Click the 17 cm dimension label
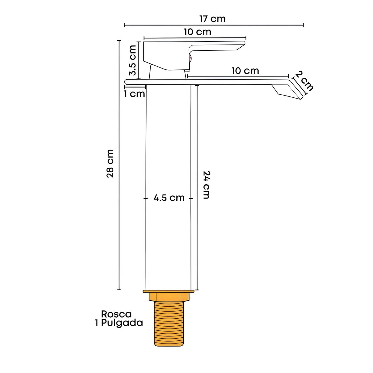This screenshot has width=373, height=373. (212, 19)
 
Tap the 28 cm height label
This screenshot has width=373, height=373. (110, 163)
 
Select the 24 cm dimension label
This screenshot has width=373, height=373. (206, 185)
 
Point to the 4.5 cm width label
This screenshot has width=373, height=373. (169, 198)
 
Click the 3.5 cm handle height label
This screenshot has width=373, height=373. (133, 60)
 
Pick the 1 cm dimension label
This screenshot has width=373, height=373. (134, 94)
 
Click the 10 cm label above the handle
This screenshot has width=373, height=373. (198, 32)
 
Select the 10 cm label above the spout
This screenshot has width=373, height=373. (245, 71)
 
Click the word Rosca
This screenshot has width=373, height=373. (116, 314)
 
